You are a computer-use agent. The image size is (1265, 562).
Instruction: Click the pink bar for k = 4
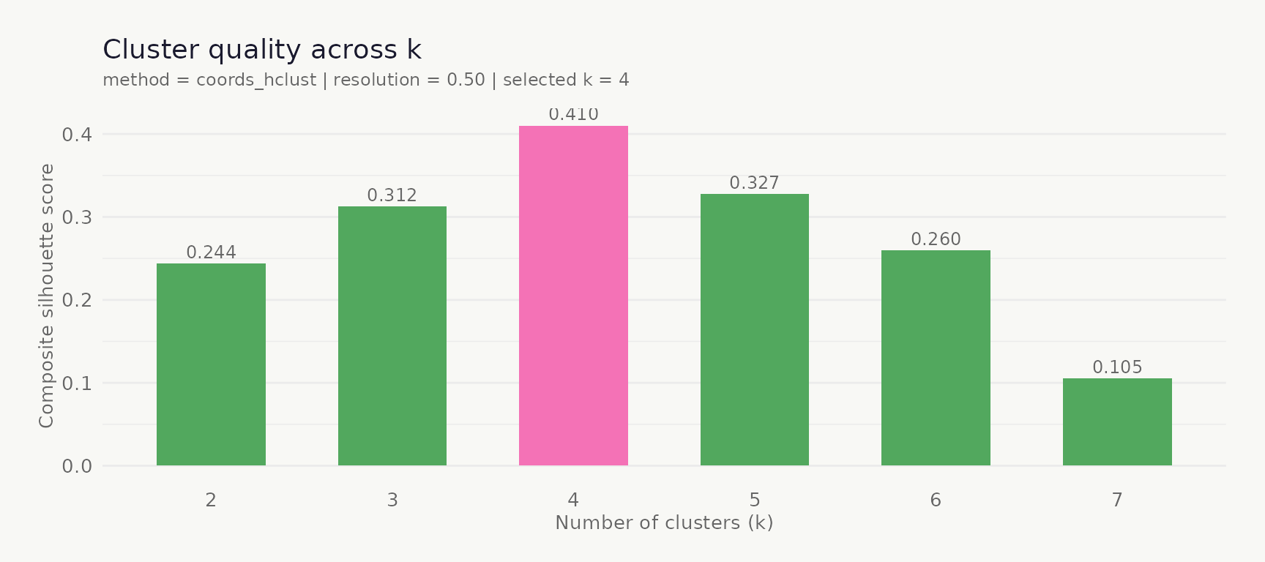click(573, 296)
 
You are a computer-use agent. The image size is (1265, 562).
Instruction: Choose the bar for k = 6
click(936, 358)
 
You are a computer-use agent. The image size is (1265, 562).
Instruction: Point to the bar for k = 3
click(392, 336)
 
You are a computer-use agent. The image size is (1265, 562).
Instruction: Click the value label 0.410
click(573, 115)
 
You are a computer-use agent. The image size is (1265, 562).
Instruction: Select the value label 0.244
click(211, 252)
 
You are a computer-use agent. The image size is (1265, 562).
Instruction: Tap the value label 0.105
click(1117, 367)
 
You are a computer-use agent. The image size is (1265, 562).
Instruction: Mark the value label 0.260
click(936, 239)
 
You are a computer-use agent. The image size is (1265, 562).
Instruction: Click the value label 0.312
click(392, 195)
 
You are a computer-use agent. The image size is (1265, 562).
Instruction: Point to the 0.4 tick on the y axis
click(77, 135)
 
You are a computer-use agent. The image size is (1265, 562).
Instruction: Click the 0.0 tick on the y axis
click(77, 466)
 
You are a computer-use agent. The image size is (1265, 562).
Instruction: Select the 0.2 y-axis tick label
click(77, 300)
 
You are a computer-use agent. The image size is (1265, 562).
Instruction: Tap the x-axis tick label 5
click(755, 500)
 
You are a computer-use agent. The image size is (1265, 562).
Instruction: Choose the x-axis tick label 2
click(211, 500)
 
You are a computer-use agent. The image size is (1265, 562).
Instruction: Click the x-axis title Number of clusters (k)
click(664, 522)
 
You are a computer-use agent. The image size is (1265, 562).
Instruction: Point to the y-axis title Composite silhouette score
click(47, 296)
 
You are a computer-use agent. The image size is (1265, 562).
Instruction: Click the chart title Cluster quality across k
click(262, 50)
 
